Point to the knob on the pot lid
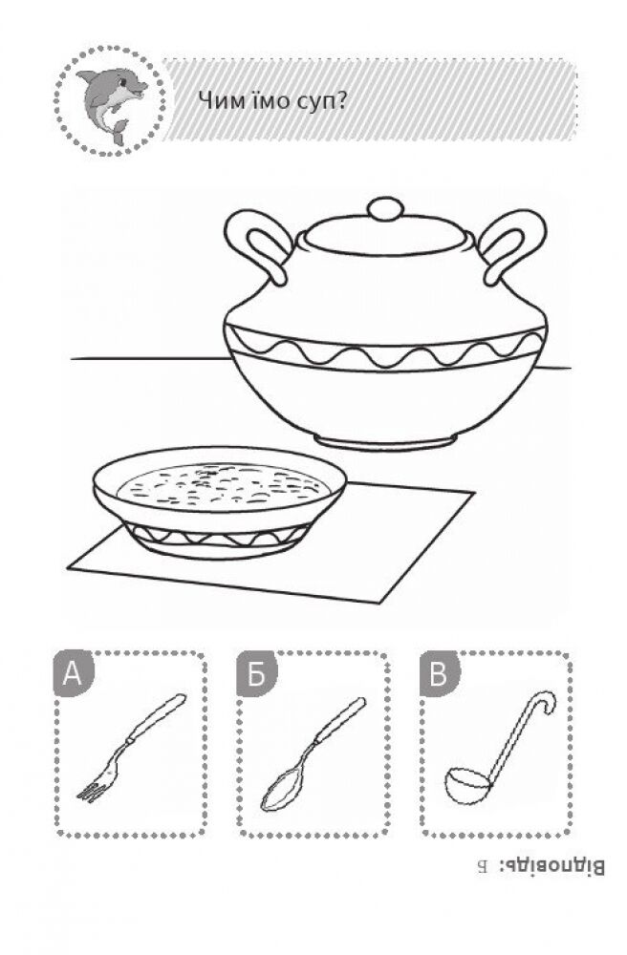[385, 209]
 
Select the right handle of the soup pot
[513, 244]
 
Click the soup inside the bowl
[223, 485]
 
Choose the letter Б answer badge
[256, 673]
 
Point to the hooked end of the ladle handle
[546, 701]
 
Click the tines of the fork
[92, 790]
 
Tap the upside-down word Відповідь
[552, 866]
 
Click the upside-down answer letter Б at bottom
[483, 866]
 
